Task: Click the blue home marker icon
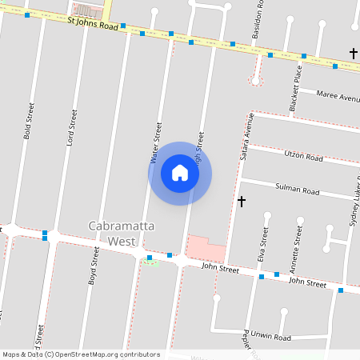180,173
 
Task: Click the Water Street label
157,143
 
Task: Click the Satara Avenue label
246,136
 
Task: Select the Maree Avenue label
338,98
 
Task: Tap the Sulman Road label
297,192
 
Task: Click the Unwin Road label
273,338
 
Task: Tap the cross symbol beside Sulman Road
242,201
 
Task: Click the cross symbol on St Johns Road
353,54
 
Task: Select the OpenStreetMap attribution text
81,354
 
